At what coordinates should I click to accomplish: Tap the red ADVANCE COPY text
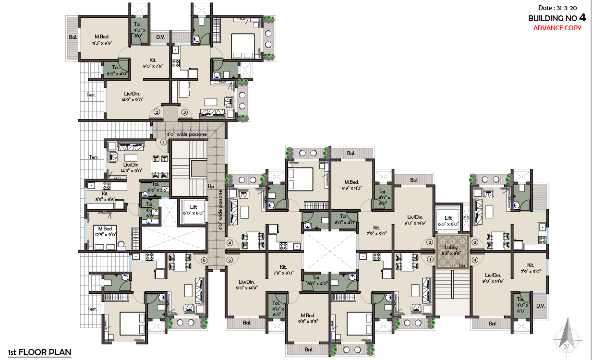point(557,28)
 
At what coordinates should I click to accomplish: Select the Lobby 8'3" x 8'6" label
point(452,250)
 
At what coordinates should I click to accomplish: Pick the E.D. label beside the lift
point(466,218)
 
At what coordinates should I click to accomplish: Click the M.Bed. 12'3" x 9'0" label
point(105,231)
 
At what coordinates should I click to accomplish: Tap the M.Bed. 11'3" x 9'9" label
point(102,39)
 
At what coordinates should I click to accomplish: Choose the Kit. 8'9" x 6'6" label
point(105,196)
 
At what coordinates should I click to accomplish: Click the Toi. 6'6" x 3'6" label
point(156,187)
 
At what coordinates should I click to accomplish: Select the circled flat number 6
point(204,260)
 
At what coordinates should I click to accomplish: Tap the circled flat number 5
point(230,260)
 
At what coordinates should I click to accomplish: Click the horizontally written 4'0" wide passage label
point(186,134)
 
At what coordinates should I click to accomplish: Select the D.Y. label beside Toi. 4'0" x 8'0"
point(160,36)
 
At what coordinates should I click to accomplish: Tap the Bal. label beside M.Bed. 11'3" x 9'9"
point(73,37)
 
